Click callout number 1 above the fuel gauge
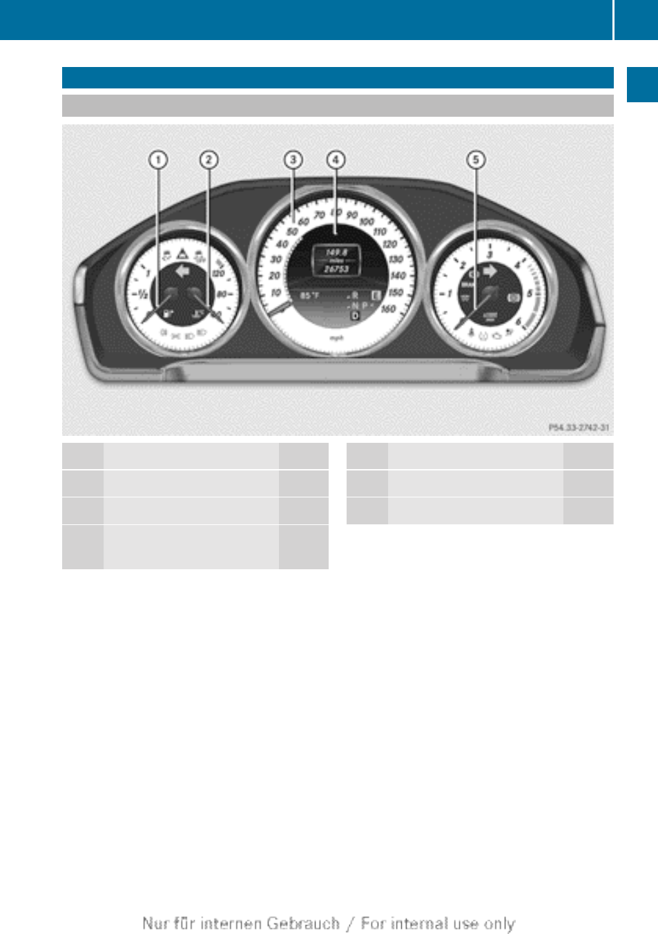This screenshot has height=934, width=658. point(158,160)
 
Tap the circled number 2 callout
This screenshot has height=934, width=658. point(209,160)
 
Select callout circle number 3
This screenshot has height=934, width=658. point(293,160)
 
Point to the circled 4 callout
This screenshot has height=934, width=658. point(336,160)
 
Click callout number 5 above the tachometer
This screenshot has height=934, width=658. point(476,160)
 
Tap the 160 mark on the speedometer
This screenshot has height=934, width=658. point(388,309)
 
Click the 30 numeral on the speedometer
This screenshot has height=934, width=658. point(276,260)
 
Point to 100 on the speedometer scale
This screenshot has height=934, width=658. point(367,222)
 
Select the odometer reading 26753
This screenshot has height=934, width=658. point(337,269)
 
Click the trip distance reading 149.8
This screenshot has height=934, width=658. point(336,252)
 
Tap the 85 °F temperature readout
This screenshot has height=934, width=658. point(309,296)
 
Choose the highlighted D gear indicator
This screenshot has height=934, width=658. point(356,315)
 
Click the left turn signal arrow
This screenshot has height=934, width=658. point(182,271)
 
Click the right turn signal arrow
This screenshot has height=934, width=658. point(490,271)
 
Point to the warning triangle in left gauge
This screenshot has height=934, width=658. point(182,254)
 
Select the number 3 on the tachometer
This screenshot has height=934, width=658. point(490,255)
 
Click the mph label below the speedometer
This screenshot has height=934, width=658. point(336,338)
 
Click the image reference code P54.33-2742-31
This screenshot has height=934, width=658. point(579,428)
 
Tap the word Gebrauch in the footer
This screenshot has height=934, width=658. point(303,923)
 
